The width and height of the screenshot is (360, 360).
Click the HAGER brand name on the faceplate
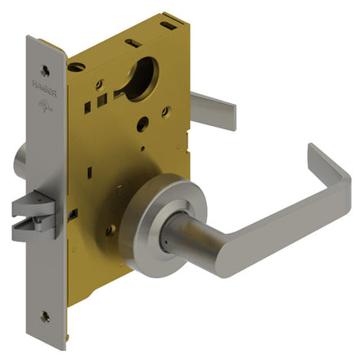(45, 88)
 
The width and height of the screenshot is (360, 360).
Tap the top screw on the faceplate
(45, 71)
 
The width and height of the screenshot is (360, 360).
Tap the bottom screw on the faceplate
(45, 316)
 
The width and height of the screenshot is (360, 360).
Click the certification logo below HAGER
(45, 106)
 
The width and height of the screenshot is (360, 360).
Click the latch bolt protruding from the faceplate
(34, 216)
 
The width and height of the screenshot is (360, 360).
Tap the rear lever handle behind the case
(213, 111)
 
